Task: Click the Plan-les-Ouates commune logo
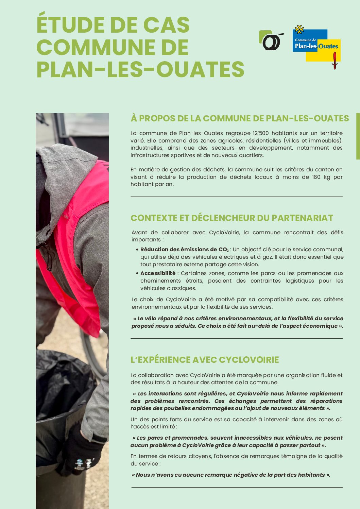(316, 45)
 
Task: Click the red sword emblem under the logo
(335, 61)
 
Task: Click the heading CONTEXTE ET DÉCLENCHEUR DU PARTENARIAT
(232, 218)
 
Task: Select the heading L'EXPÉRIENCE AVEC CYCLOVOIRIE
(205, 360)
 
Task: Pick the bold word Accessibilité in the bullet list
(158, 273)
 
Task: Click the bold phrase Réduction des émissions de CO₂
(184, 249)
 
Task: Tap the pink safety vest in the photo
(82, 238)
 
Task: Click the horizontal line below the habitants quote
(237, 487)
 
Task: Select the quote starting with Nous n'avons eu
(231, 475)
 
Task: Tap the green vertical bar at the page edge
(358, 136)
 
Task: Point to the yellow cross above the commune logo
(299, 30)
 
